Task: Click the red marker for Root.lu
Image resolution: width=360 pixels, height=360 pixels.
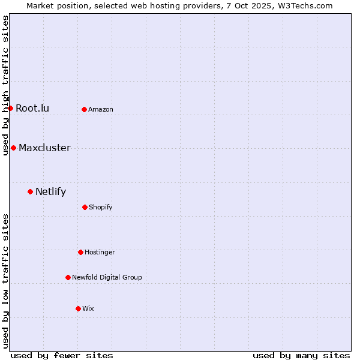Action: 10,108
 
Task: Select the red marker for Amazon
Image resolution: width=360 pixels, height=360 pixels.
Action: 84,109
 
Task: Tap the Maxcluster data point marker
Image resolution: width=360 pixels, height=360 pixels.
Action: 13,148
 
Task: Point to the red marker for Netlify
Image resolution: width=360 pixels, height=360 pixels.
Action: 30,191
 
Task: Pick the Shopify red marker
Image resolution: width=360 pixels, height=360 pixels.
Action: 85,207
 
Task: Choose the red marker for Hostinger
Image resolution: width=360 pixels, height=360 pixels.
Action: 80,252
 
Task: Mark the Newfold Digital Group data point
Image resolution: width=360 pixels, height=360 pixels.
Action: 68,277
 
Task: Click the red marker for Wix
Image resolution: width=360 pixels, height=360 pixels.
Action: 78,308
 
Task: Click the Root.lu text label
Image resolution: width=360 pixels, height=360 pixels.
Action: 32,108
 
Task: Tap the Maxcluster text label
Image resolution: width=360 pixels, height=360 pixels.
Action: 44,148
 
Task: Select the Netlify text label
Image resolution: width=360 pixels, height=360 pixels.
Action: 50,192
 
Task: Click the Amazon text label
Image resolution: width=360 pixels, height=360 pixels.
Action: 101,109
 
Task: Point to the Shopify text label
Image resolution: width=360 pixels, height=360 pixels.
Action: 101,207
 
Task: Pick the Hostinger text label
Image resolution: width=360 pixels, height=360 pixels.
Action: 100,252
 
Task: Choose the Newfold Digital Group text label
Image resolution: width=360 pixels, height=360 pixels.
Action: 107,277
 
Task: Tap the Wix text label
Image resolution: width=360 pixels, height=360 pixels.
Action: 88,308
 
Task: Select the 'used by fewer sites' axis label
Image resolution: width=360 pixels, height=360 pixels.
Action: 62,355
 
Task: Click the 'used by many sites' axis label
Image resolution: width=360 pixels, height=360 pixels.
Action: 301,355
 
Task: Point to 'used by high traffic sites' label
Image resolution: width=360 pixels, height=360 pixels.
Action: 5,85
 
